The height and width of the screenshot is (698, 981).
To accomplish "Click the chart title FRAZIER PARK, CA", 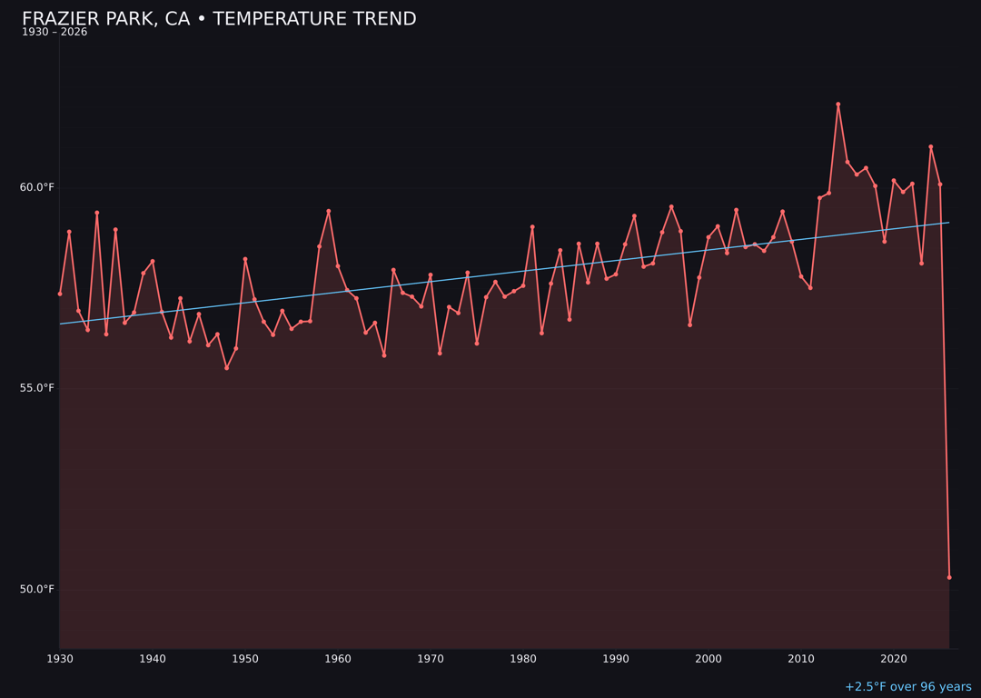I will (x=219, y=19).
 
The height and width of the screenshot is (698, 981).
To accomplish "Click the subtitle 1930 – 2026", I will (x=54, y=33).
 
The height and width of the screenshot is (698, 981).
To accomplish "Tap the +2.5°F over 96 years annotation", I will (x=907, y=687).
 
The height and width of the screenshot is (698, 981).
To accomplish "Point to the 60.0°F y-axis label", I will (x=37, y=187).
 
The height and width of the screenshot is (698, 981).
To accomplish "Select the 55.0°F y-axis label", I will (x=37, y=388).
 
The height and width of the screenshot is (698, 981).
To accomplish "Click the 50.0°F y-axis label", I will (x=37, y=589).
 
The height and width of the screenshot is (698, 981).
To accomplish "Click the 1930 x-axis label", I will (x=60, y=659).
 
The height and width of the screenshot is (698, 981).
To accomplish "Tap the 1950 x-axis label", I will (x=245, y=659).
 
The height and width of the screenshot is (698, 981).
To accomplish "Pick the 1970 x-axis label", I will (x=431, y=659).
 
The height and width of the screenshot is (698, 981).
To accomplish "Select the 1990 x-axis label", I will (x=616, y=659).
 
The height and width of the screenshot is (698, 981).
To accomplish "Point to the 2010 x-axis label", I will (x=801, y=659).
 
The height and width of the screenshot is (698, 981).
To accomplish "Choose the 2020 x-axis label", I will (x=894, y=659).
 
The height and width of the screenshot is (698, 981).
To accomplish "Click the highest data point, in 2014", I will (x=838, y=105).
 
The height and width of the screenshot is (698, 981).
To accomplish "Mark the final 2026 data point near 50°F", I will (x=949, y=577).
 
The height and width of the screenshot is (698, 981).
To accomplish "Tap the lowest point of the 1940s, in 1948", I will (x=226, y=368).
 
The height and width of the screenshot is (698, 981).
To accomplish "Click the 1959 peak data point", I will (x=329, y=211).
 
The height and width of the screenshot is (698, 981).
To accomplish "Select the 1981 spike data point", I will (x=532, y=226).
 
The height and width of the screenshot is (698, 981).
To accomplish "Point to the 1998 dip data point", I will (x=689, y=324).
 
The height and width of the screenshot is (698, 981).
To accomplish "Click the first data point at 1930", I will (x=60, y=294).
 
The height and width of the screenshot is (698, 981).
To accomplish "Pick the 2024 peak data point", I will (x=931, y=146).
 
